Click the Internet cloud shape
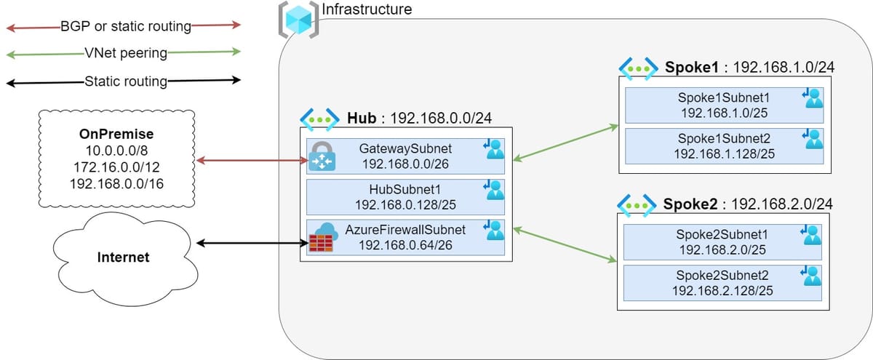point(124,256)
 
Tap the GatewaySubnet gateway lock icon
point(322,156)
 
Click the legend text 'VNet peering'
point(125,53)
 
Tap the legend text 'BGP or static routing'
point(126,27)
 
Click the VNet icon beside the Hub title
point(320,119)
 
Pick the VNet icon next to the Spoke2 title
point(637,203)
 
